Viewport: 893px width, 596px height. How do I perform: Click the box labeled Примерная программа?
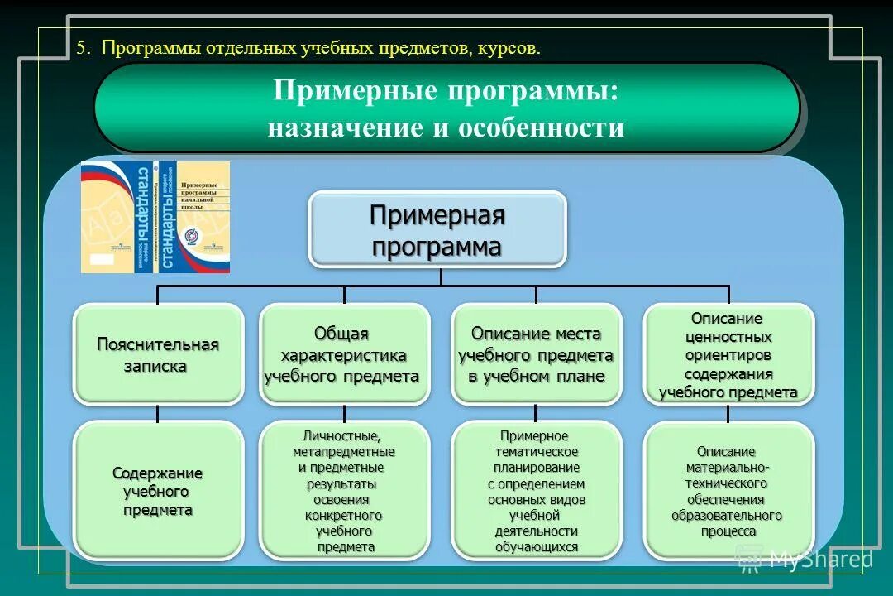[x=437, y=229]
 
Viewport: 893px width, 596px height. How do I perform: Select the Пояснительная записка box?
[x=158, y=354]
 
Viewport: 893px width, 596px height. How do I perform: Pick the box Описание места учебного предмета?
[x=536, y=354]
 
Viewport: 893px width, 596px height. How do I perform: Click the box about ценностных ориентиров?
[x=728, y=354]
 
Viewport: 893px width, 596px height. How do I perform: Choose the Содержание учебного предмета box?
[x=158, y=491]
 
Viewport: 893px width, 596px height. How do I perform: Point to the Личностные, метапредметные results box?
[x=344, y=491]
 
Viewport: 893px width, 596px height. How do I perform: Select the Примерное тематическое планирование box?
[x=536, y=491]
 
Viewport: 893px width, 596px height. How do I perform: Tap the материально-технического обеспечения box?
[x=728, y=491]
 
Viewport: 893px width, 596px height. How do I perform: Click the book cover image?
[x=155, y=217]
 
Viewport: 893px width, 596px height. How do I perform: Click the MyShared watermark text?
[x=819, y=560]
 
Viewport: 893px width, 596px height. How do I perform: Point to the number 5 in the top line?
[x=81, y=48]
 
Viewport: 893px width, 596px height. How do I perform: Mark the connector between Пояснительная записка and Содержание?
[x=158, y=413]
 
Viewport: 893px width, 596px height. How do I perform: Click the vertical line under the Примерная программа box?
[x=440, y=276]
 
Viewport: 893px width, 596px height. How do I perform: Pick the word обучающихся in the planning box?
[x=536, y=547]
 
